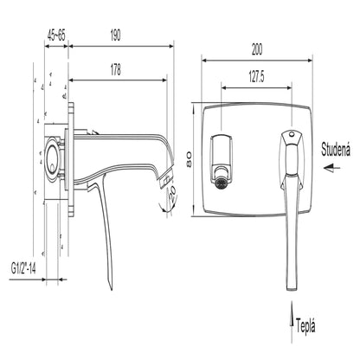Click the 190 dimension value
click(x=115, y=35)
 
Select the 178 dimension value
click(x=116, y=69)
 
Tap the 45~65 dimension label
click(x=56, y=35)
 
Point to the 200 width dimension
click(x=257, y=49)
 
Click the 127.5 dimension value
click(x=256, y=76)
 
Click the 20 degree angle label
click(x=172, y=194)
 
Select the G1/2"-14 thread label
click(x=23, y=268)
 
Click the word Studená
click(x=336, y=150)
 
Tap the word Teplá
click(x=305, y=326)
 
